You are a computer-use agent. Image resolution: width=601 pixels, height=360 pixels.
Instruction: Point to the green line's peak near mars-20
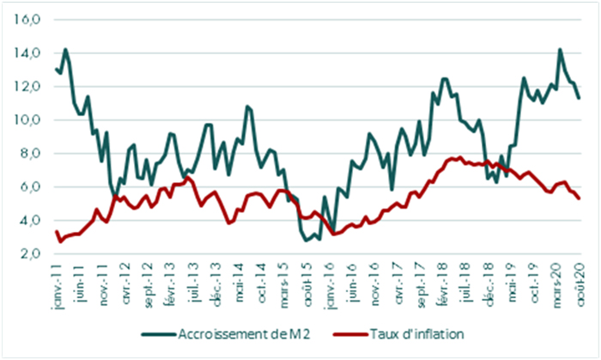[560, 49]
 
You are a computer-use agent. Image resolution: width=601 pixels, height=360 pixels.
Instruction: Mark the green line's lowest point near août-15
[307, 241]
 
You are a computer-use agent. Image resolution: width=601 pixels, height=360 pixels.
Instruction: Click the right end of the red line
[579, 198]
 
